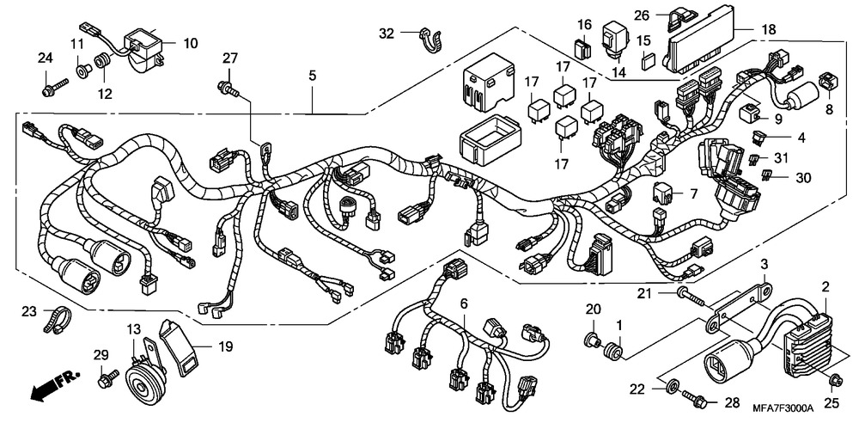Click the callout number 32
click(387, 34)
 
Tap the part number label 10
click(190, 42)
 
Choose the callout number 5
click(313, 77)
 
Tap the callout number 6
click(464, 303)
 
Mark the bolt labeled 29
click(107, 377)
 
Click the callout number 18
click(768, 29)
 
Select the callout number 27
click(229, 58)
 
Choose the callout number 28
click(733, 402)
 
